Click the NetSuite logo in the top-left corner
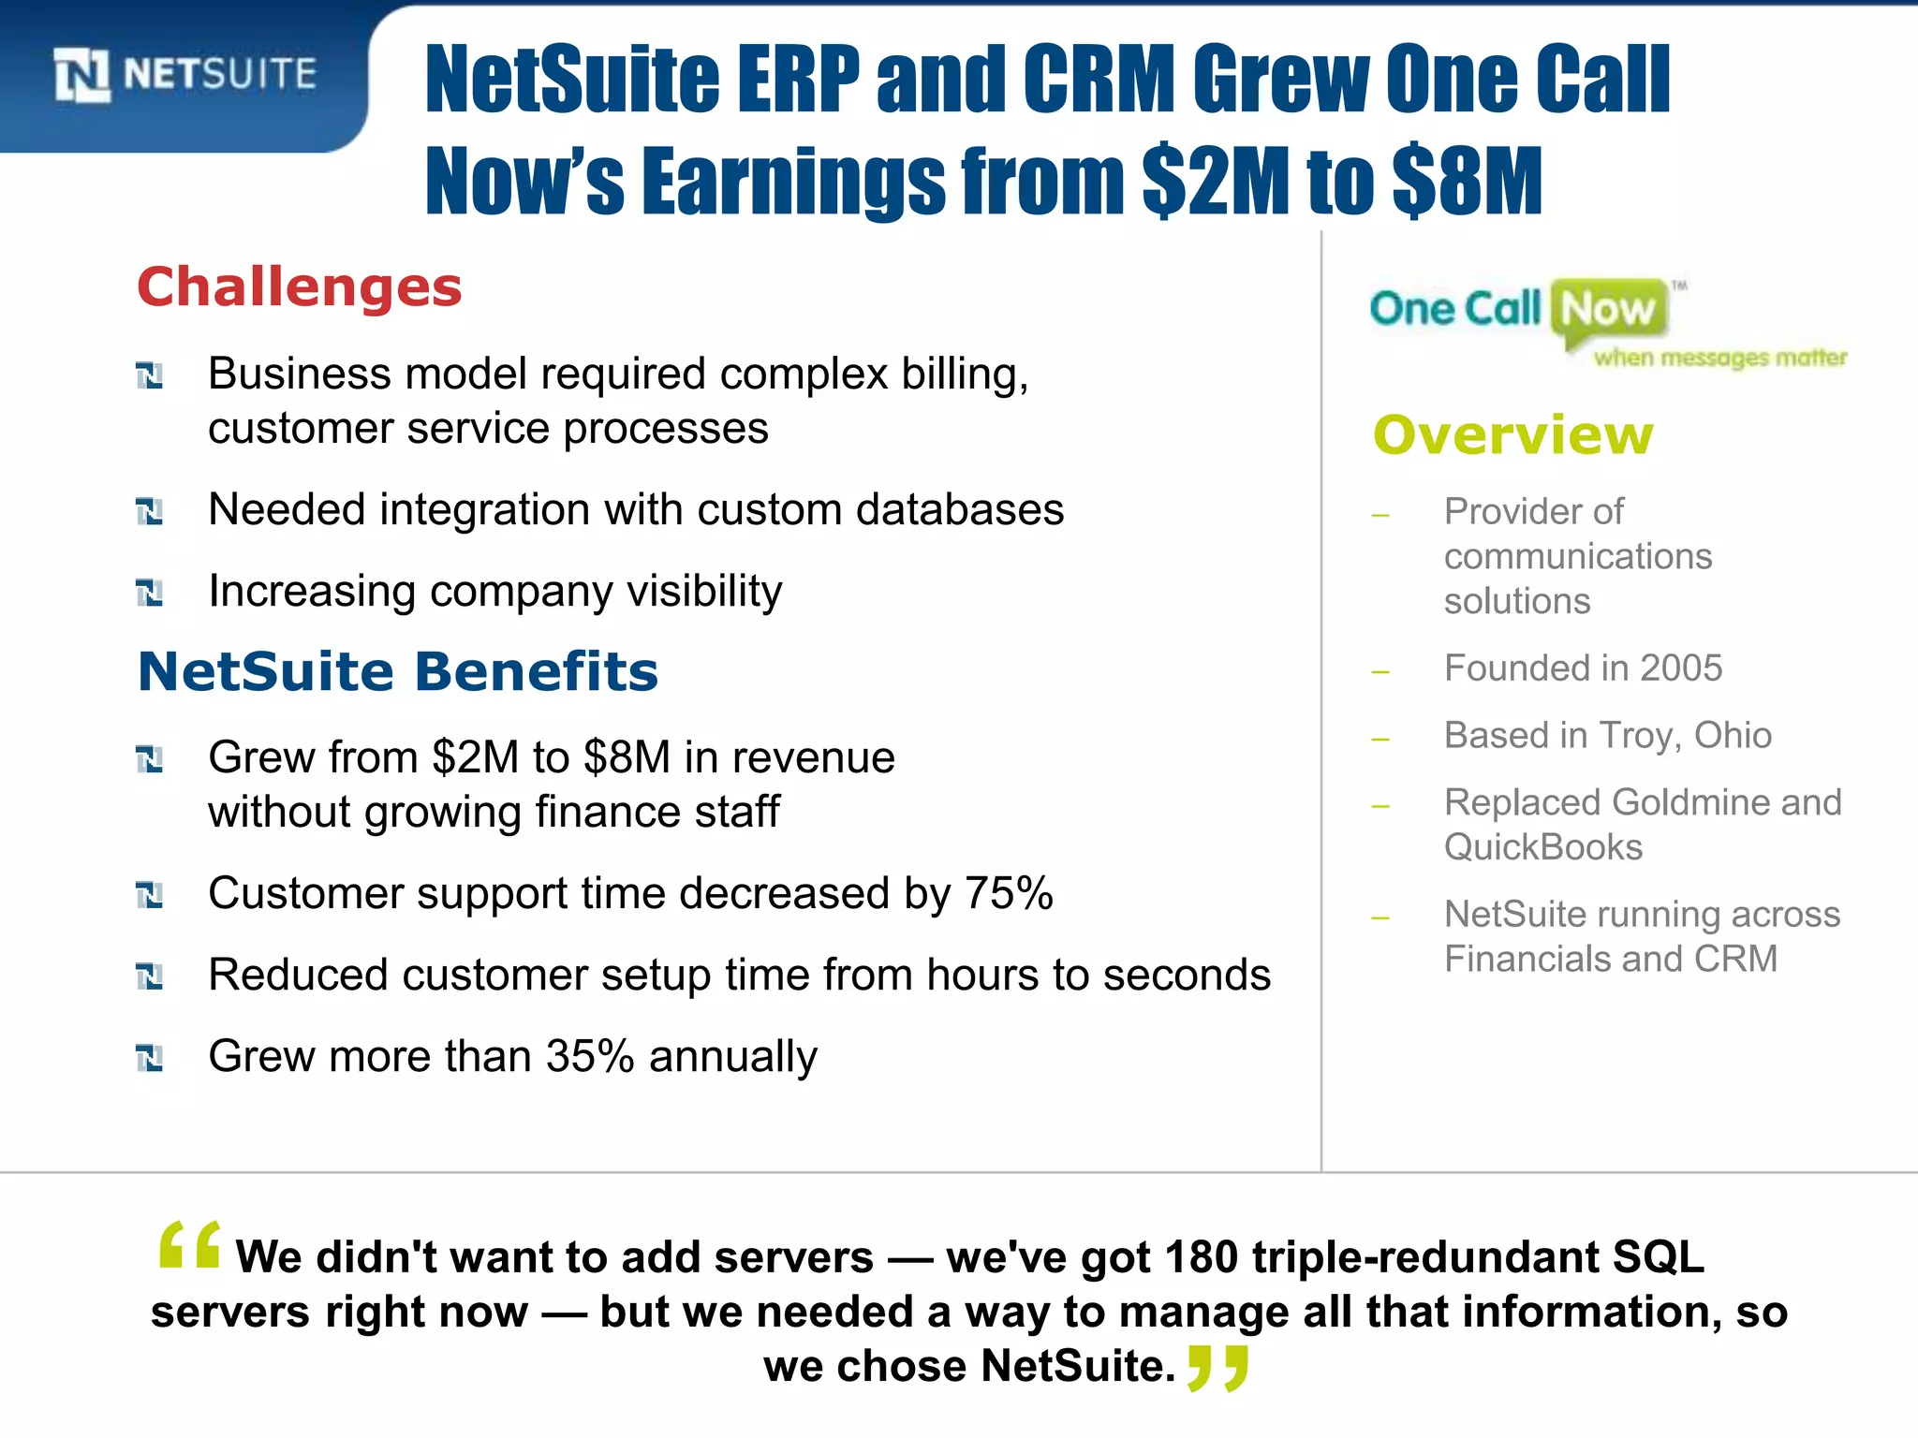pyautogui.click(x=185, y=75)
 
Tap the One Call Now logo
pyautogui.click(x=1607, y=320)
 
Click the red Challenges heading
pyautogui.click(x=300, y=286)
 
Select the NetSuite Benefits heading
pyautogui.click(x=398, y=671)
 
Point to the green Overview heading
pyautogui.click(x=1513, y=435)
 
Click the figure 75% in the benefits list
pyautogui.click(x=1009, y=893)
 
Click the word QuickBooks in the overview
pyautogui.click(x=1543, y=847)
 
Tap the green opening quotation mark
pyautogui.click(x=190, y=1245)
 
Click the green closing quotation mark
pyautogui.click(x=1217, y=1369)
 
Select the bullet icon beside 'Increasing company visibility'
pyautogui.click(x=150, y=593)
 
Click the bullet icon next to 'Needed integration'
pyautogui.click(x=150, y=511)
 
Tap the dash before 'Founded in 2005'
pyautogui.click(x=1380, y=671)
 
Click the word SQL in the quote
pyautogui.click(x=1658, y=1256)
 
